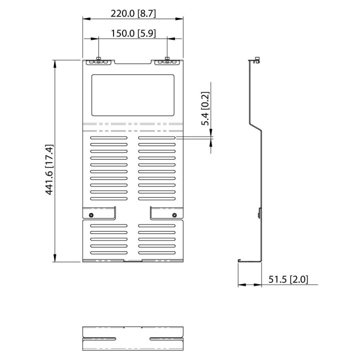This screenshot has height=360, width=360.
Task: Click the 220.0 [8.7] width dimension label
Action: point(133,13)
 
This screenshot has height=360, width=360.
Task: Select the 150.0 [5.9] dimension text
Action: point(133,33)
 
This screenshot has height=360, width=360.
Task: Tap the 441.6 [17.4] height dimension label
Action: point(49,169)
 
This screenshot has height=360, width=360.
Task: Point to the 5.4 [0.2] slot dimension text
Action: point(205,108)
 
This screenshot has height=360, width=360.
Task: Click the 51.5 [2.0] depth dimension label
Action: point(288,279)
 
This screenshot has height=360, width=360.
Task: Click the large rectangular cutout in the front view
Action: point(133,95)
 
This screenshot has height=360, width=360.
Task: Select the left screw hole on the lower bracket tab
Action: point(91,215)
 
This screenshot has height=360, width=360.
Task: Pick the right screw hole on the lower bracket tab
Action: point(174,215)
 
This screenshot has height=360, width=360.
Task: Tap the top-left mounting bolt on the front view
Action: point(98,59)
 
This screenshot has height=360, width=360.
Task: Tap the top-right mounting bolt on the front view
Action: point(167,59)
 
